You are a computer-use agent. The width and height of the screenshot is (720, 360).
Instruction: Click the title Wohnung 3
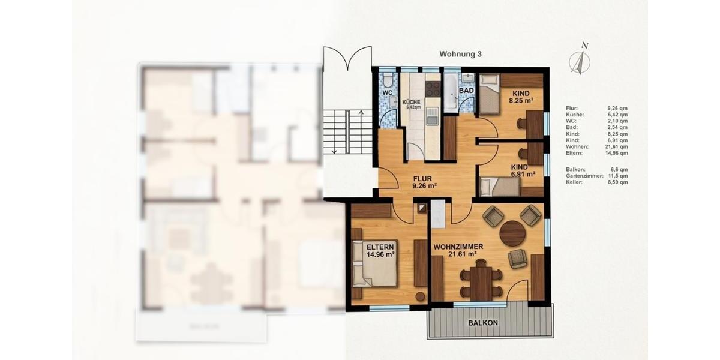[461, 54]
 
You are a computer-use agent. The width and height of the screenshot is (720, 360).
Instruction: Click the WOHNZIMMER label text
[458, 247]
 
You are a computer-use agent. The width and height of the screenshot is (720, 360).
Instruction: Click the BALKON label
[483, 323]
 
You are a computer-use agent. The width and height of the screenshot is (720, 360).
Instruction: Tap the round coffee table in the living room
[512, 234]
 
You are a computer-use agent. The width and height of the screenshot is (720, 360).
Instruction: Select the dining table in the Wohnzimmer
[480, 283]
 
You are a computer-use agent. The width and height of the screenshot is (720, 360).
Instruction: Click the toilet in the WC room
[388, 81]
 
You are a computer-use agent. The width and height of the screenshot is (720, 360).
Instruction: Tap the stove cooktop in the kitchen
[432, 89]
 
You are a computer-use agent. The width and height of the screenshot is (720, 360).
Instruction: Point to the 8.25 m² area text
[521, 101]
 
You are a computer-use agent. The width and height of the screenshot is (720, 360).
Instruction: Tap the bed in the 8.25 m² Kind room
[489, 93]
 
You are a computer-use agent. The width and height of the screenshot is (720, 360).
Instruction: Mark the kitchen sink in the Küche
[433, 118]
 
